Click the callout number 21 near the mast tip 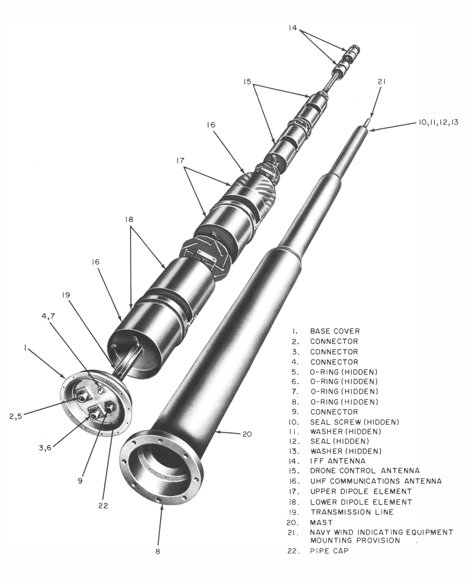pyautogui.click(x=381, y=82)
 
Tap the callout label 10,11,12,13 pyautogui.click(x=439, y=122)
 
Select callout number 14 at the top pyautogui.click(x=293, y=28)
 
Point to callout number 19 pyautogui.click(x=66, y=295)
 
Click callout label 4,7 pyautogui.click(x=48, y=316)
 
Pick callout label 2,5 pyautogui.click(x=15, y=416)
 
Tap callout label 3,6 pyautogui.click(x=45, y=448)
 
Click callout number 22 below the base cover pyautogui.click(x=103, y=506)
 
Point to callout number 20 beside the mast pyautogui.click(x=247, y=434)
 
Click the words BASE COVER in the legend pyautogui.click(x=335, y=331)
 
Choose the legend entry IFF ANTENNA pyautogui.click(x=338, y=461)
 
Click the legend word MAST pyautogui.click(x=321, y=523)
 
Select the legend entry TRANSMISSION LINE pyautogui.click(x=352, y=512)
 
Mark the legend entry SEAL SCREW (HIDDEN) pyautogui.click(x=354, y=422)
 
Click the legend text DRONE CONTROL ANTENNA pyautogui.click(x=365, y=471)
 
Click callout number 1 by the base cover pyautogui.click(x=25, y=349)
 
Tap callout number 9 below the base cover pyautogui.click(x=80, y=481)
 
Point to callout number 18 pyautogui.click(x=129, y=219)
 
